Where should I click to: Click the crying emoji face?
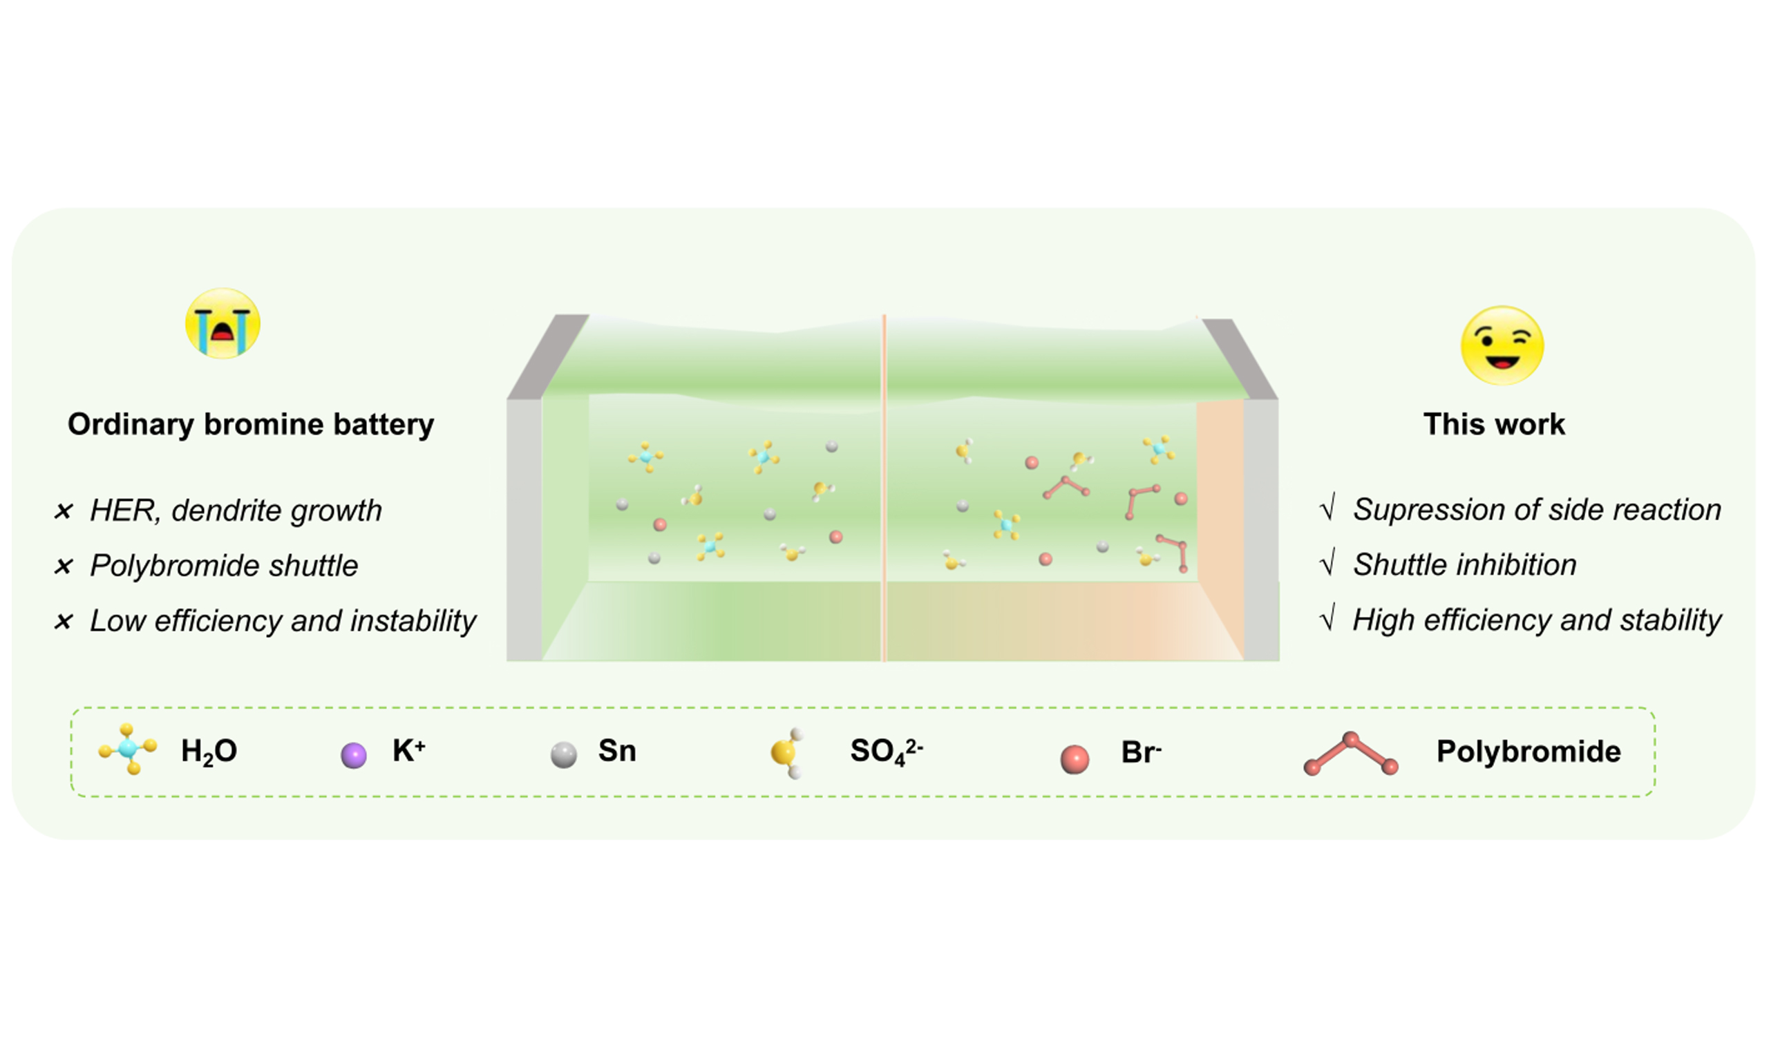(223, 323)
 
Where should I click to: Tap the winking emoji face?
(1502, 345)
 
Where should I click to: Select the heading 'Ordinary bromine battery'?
(251, 425)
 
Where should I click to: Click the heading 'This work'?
(1494, 424)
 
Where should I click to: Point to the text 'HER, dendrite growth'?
(236, 510)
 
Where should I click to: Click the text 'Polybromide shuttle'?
(224, 566)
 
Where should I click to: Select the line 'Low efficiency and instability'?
(283, 620)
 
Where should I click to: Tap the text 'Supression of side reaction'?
(1538, 510)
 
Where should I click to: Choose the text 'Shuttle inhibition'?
(1465, 565)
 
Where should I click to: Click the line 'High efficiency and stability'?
(1538, 620)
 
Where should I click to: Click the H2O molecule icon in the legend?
(128, 749)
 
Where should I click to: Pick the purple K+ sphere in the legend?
(353, 755)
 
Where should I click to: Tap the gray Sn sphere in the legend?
(563, 755)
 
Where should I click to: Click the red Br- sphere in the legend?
(1074, 759)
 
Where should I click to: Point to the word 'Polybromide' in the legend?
(1529, 752)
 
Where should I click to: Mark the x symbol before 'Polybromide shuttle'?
(64, 566)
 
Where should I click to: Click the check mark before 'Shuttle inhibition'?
(1327, 564)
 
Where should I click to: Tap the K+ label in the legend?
(409, 750)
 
